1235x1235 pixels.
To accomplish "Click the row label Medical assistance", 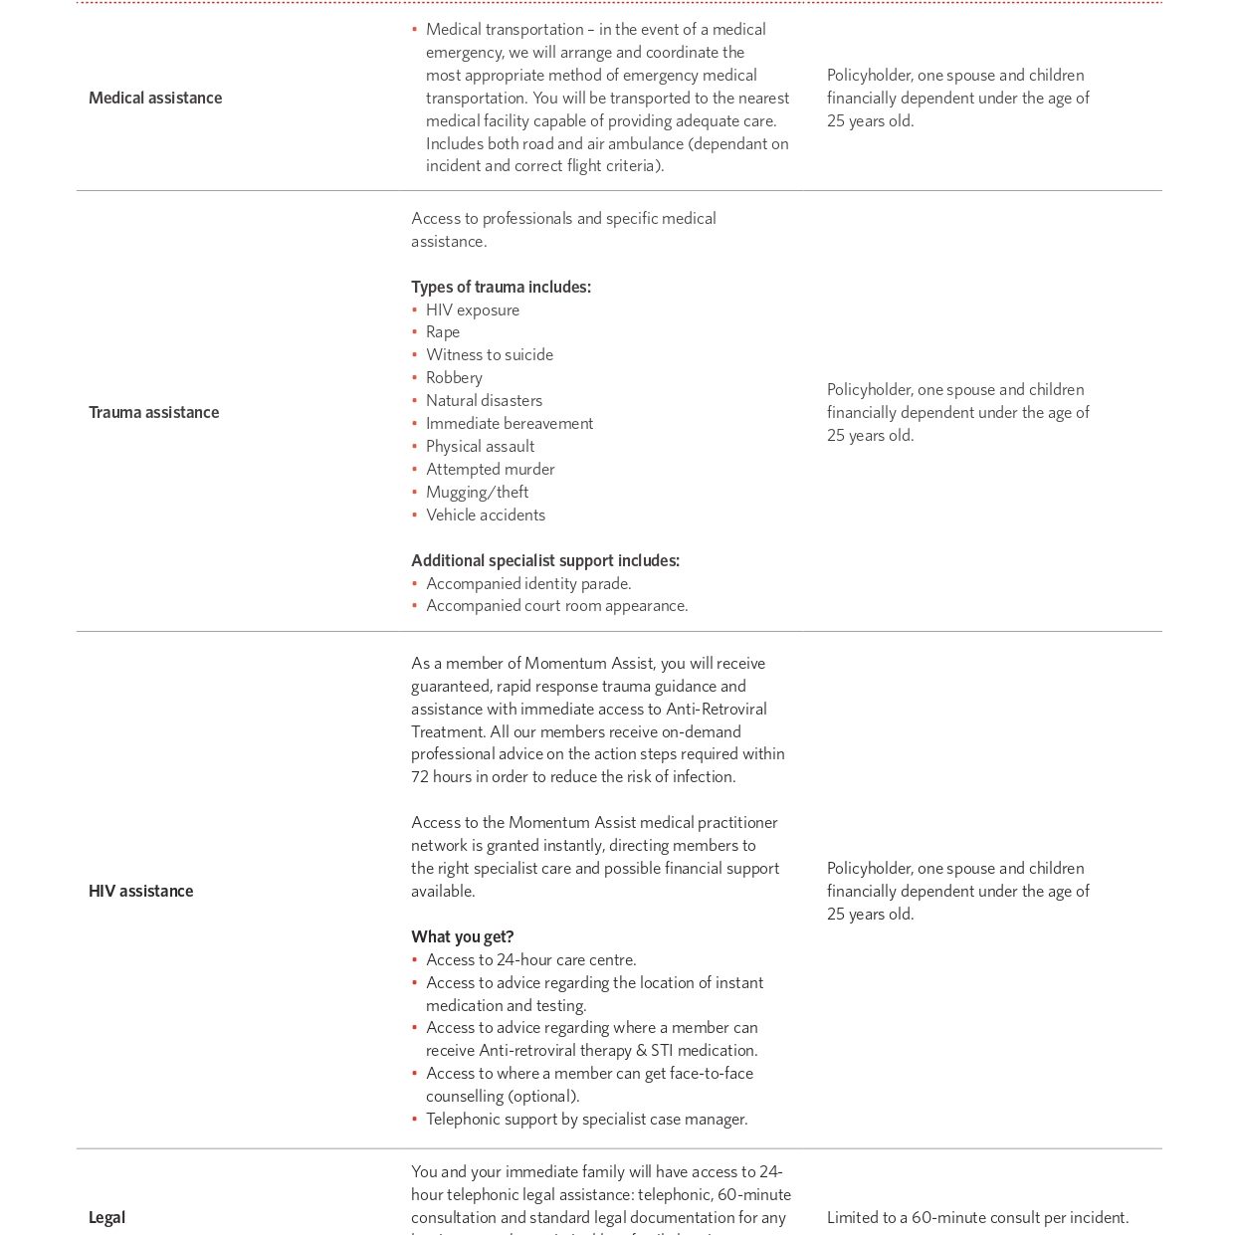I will pos(155,98).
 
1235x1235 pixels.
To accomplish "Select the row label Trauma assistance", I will pos(153,412).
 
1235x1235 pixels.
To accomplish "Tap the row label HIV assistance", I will pos(140,891).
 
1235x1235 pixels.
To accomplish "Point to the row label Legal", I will pos(106,1217).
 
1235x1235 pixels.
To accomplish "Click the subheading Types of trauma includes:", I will pos(501,287).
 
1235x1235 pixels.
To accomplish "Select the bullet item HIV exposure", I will pos(473,309).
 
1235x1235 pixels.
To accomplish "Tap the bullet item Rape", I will pos(443,331).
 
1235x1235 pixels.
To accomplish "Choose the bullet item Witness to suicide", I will pos(490,354).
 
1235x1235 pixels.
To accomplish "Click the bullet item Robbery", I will pos(454,377).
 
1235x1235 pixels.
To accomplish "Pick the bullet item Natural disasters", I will pos(484,400).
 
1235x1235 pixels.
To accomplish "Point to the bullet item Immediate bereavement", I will pos(510,423).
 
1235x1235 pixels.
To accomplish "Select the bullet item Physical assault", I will pos(480,446).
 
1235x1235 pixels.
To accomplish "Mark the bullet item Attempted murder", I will pos(491,469).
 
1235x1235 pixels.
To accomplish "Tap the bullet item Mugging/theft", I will pos(477,492).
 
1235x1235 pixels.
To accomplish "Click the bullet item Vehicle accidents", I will pos(486,515).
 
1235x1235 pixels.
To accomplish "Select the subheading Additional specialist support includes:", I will pos(545,560).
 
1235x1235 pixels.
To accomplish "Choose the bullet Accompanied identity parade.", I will pos(528,583).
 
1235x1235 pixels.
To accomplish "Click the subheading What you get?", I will pos(463,936).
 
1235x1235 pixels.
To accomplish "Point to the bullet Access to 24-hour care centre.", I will pos(531,959).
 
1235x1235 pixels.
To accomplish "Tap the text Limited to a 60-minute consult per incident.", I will pos(977,1217).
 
